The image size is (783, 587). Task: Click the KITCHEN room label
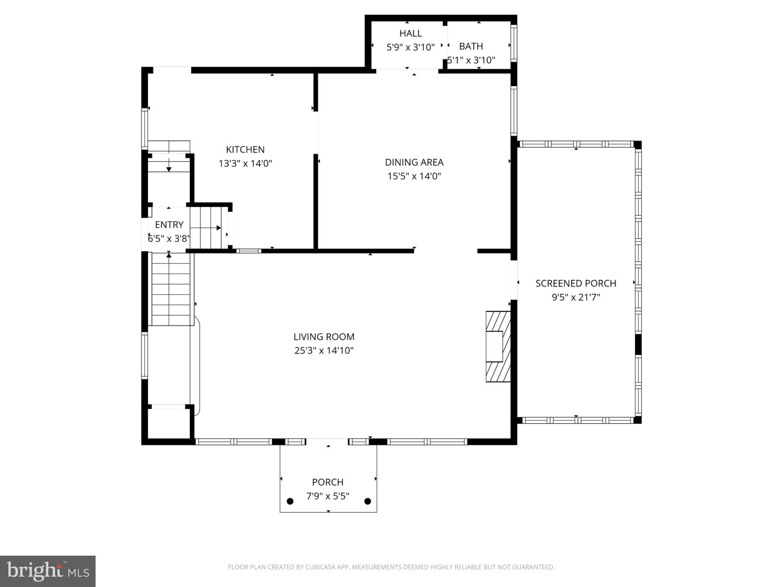coord(245,149)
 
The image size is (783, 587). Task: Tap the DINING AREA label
coord(414,162)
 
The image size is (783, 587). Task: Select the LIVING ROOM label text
coord(324,337)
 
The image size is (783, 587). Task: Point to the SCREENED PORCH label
coord(576,283)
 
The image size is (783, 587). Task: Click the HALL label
coord(411,33)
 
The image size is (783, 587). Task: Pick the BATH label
coord(471,46)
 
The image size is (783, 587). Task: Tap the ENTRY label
coord(169,225)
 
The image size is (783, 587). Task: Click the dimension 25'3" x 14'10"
coord(324,350)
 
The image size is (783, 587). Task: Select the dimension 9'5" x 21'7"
coord(576,297)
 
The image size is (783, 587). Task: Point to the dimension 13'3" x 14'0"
coord(245,163)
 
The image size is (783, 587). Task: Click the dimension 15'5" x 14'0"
coord(414,176)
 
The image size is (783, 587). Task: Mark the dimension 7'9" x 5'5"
coord(328,496)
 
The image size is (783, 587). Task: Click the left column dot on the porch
coord(290,501)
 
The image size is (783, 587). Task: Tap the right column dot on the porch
coord(368,501)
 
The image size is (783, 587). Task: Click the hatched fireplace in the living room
coord(498,346)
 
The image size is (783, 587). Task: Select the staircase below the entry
coord(171,289)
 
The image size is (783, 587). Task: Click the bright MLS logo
coord(48,571)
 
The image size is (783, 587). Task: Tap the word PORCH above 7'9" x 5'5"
coord(328,482)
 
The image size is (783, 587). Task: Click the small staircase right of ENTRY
coord(206,228)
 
